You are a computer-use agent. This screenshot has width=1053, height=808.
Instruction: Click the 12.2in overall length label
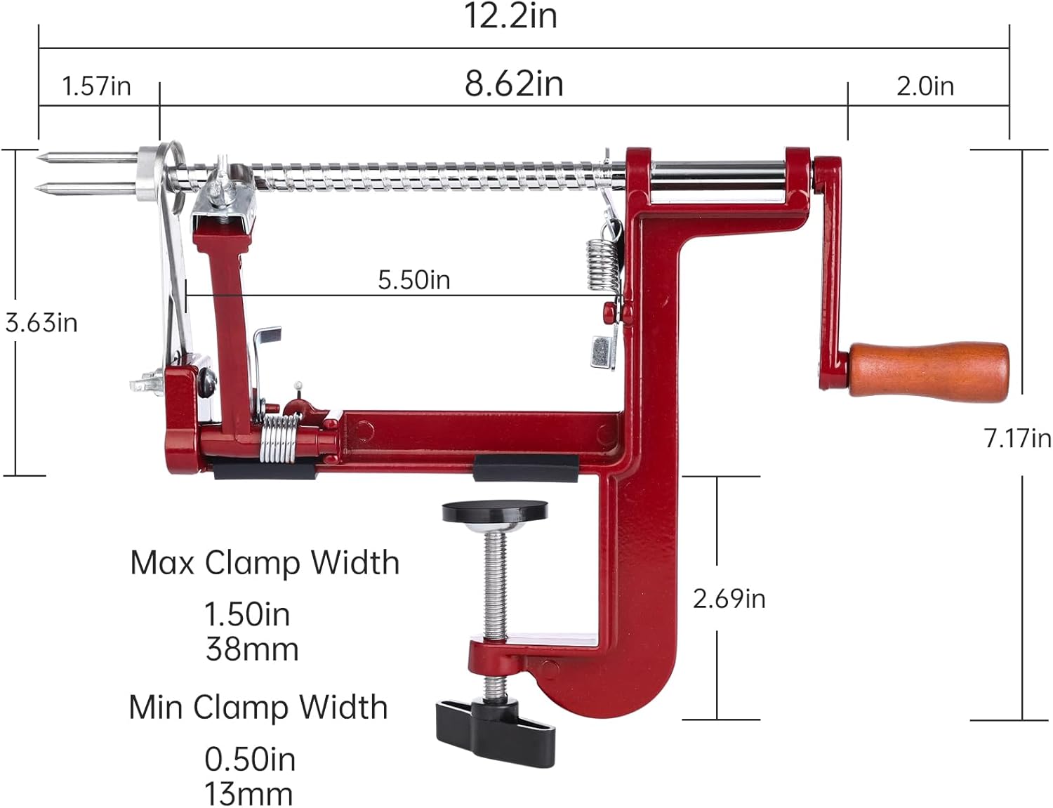point(511,16)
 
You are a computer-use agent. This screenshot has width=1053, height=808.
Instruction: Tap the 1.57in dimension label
point(96,87)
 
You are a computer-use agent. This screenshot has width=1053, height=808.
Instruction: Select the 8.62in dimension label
point(514,84)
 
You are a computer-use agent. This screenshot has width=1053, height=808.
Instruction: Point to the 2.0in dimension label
point(925,87)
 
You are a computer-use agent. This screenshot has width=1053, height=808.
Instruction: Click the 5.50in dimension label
point(414,280)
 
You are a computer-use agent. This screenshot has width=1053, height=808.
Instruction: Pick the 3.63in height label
point(41,323)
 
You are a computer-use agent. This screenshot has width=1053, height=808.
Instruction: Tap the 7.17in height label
point(1017,438)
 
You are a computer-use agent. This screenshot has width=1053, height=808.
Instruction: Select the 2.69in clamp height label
point(729,600)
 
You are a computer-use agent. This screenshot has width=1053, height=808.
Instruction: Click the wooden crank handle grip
point(929,371)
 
